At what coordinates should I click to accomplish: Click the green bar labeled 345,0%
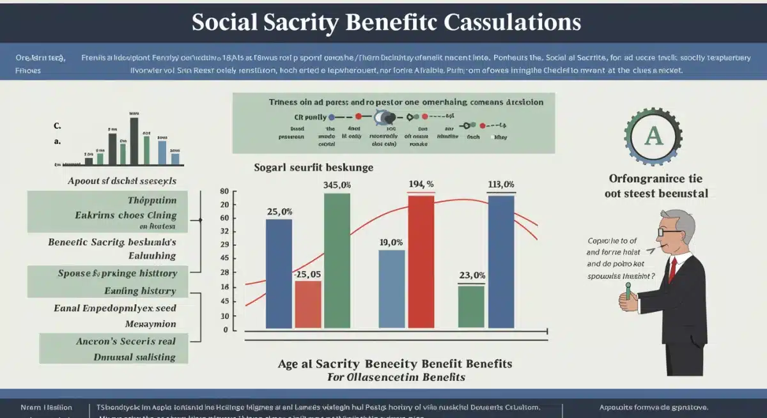(x=337, y=261)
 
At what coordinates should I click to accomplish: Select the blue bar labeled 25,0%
(x=279, y=274)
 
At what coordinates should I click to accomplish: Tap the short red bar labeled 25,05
(x=308, y=304)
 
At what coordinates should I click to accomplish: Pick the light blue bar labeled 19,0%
(x=392, y=289)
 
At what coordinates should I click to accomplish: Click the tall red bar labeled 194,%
(x=421, y=262)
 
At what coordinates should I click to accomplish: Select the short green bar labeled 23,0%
(x=472, y=307)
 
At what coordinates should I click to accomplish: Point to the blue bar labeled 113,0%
(x=501, y=262)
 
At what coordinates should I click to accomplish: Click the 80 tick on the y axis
(x=224, y=192)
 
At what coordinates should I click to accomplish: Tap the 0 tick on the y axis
(x=225, y=330)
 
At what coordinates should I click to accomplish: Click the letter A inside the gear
(x=653, y=135)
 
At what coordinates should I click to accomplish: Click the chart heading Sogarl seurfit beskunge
(x=314, y=167)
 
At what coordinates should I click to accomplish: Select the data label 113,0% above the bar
(x=501, y=185)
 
